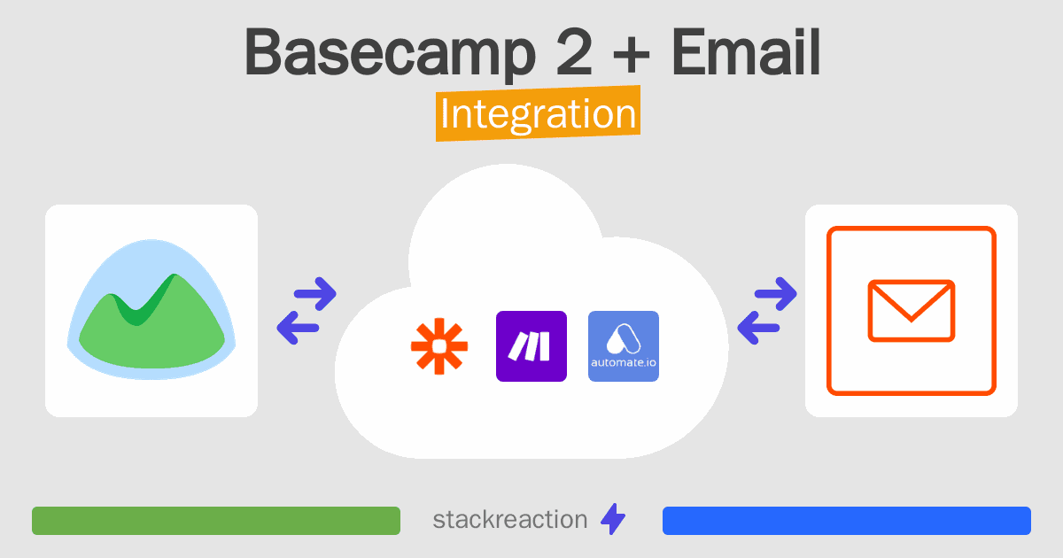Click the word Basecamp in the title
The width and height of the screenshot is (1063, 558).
(x=390, y=54)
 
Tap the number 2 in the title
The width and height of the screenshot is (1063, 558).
(x=574, y=51)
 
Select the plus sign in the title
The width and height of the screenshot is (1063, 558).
(x=631, y=54)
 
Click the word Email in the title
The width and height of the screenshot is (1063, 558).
(x=746, y=51)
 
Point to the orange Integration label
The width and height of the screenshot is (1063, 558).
(x=539, y=113)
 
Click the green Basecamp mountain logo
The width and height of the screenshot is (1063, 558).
(x=151, y=309)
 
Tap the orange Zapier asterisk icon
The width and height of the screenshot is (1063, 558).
(x=439, y=346)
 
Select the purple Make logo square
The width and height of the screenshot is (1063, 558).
(x=531, y=346)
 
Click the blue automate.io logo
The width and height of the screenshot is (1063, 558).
(x=624, y=346)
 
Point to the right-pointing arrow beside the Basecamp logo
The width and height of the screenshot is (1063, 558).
(x=315, y=294)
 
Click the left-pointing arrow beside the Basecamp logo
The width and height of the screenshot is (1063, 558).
(x=298, y=328)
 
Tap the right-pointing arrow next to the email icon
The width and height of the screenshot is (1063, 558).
(x=776, y=294)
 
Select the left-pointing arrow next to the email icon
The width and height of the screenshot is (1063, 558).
(x=758, y=328)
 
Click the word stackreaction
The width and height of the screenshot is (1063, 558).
(x=510, y=520)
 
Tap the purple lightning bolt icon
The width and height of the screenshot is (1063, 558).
(x=613, y=519)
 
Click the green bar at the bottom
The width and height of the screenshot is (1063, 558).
(x=216, y=521)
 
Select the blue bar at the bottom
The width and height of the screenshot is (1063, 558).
(x=847, y=521)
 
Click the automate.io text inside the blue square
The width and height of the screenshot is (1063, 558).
(x=624, y=363)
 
